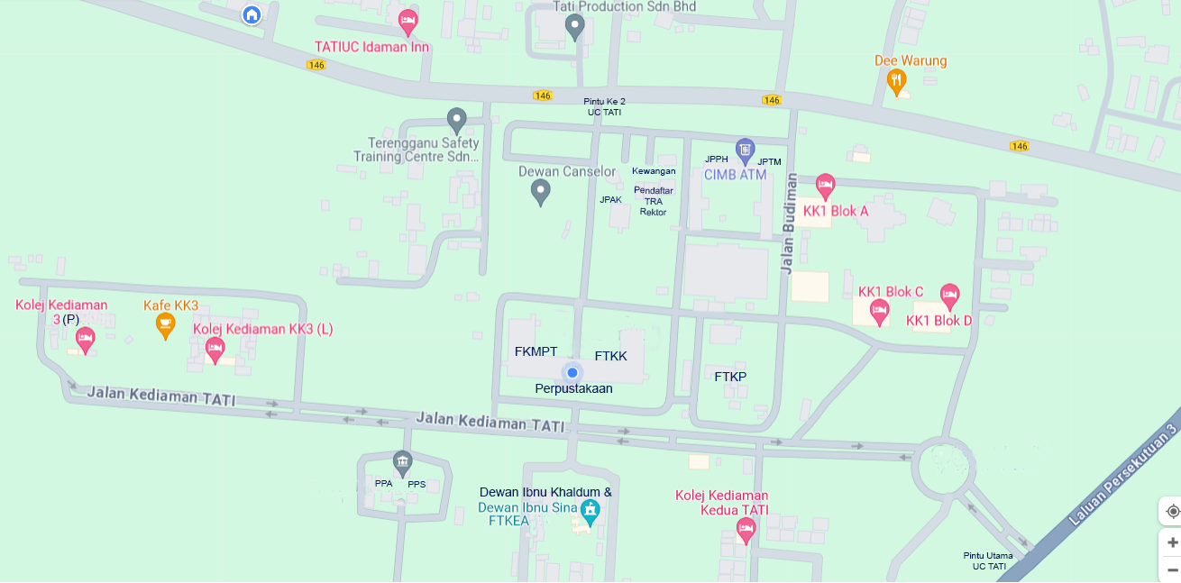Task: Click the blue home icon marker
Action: (x=252, y=14)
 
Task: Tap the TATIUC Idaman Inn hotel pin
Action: (x=407, y=21)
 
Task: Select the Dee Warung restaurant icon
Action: (x=896, y=82)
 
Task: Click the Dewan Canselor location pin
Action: (x=540, y=191)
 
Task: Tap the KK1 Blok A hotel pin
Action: (x=825, y=186)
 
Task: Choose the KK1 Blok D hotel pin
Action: (x=948, y=294)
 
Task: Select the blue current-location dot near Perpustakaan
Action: (x=572, y=372)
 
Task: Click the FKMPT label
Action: (x=536, y=351)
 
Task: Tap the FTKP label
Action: (x=730, y=377)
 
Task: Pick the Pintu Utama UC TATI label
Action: (x=988, y=560)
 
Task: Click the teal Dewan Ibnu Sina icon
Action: (x=590, y=511)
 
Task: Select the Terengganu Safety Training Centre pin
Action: (x=457, y=119)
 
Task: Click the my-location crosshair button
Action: (x=1172, y=511)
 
